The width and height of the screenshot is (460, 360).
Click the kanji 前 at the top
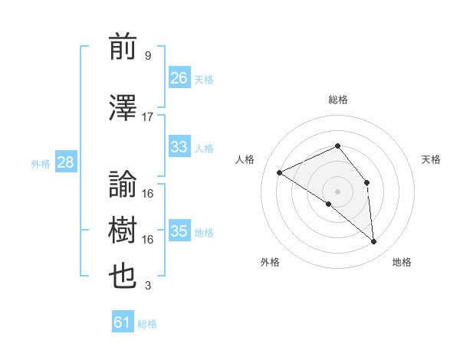coord(123,47)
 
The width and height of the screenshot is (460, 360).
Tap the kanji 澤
coord(123,107)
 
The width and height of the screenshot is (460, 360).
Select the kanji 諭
coord(123,184)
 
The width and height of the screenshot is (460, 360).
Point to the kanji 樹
coord(123,230)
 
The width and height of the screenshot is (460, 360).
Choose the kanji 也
coord(123,277)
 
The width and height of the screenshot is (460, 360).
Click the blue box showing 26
coord(179,77)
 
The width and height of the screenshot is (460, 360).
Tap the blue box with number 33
coord(179,147)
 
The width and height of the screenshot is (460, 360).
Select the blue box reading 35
coord(179,231)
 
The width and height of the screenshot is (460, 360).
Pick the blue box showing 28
coord(65,162)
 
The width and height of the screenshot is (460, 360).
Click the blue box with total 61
coord(123,322)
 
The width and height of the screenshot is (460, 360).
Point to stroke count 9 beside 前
coord(147,56)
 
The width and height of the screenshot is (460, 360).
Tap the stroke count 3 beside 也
coord(147,286)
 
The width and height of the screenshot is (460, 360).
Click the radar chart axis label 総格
coord(337,100)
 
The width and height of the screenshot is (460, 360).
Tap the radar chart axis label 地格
coord(402,262)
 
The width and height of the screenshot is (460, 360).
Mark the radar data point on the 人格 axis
coord(280,172)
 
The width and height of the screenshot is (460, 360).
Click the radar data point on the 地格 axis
coord(373,241)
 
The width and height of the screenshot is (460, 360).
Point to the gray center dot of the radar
coord(337,191)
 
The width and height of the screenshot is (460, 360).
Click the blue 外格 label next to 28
coord(41,163)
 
